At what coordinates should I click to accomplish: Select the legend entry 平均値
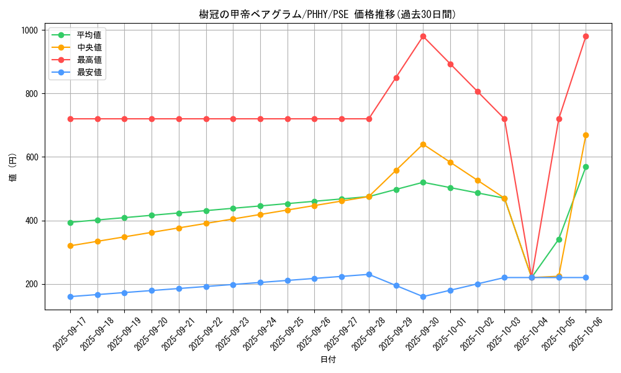pos(89,35)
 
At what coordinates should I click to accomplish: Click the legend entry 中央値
pos(89,47)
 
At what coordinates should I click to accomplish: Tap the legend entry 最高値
pos(89,60)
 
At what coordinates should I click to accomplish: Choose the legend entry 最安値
pos(89,73)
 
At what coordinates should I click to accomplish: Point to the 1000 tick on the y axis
pos(29,30)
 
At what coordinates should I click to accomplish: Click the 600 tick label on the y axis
pos(32,157)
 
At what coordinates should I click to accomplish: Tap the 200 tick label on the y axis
pos(32,284)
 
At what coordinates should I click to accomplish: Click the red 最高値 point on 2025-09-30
pos(423,36)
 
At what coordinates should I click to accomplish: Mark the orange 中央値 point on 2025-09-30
pos(423,144)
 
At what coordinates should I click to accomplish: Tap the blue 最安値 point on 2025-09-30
pos(423,297)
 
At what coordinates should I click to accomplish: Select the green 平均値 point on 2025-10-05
pos(559,239)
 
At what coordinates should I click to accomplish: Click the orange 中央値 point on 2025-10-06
pos(586,135)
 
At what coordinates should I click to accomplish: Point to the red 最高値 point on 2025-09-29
pos(396,78)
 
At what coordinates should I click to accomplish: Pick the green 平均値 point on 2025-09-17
pos(70,223)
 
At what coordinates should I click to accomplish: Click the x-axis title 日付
pos(328,360)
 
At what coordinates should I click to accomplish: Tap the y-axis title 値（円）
pos(13,169)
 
